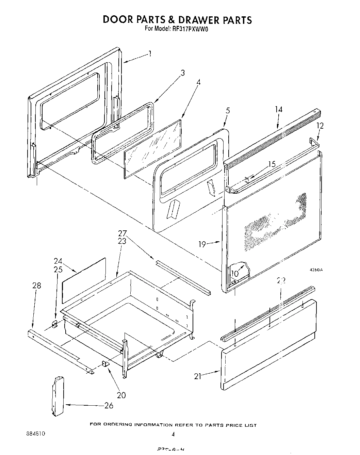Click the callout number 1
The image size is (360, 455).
click(x=149, y=54)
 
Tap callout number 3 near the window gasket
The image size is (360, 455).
click(x=183, y=72)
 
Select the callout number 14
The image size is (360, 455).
click(x=279, y=110)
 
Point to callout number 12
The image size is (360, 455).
click(x=320, y=126)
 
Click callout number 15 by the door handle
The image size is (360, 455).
click(x=272, y=164)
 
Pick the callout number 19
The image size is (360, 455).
click(x=202, y=244)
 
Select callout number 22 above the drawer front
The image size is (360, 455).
click(x=281, y=280)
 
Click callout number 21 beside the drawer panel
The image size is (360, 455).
click(x=198, y=376)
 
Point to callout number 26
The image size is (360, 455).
click(x=109, y=405)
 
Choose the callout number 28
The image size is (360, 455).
click(x=36, y=286)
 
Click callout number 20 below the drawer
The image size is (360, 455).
click(x=121, y=395)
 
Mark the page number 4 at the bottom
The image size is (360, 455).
click(x=173, y=434)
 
